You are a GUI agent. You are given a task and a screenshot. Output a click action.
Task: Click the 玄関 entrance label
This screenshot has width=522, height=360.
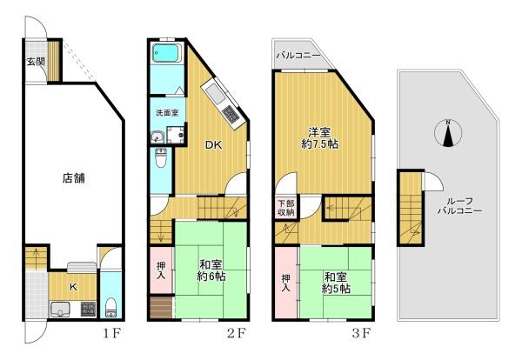(x=36, y=61)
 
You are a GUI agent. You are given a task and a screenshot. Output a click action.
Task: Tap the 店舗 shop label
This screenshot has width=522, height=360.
(x=74, y=178)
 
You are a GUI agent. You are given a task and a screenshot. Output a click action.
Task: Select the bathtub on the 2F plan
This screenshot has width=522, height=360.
(x=166, y=53)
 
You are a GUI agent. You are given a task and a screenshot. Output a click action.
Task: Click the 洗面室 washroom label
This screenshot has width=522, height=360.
(x=167, y=113)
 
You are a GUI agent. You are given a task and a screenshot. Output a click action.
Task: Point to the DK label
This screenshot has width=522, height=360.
(x=213, y=144)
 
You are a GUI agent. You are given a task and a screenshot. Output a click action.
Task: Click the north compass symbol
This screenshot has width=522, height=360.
(x=448, y=133)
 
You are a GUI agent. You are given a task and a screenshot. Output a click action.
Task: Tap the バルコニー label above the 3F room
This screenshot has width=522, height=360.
(x=298, y=56)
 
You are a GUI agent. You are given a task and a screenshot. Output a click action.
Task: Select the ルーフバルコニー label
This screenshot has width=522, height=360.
(x=459, y=206)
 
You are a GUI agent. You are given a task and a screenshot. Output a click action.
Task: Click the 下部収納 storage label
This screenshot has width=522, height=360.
(x=286, y=208)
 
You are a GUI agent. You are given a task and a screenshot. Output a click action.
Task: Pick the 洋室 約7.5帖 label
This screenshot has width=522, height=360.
(x=319, y=138)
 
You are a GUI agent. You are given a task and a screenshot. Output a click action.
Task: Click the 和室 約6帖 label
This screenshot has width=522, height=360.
(x=211, y=270)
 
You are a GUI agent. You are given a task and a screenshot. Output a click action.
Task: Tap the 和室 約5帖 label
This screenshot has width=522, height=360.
(x=336, y=283)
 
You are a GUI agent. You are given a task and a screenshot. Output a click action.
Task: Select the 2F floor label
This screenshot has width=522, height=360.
(x=237, y=333)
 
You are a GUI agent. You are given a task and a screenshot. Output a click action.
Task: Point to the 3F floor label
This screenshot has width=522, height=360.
(x=361, y=333)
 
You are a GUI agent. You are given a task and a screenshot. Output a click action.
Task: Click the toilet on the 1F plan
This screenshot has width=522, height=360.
(x=110, y=308)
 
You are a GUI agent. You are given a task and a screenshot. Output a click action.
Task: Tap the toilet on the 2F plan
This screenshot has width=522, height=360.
(x=162, y=159)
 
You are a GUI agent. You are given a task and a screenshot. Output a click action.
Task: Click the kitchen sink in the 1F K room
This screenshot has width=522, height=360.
(x=60, y=310)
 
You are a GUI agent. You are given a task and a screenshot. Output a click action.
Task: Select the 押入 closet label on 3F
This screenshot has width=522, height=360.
(x=285, y=283)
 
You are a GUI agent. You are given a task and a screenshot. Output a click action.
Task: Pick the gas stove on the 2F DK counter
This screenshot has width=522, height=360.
(x=230, y=115)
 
